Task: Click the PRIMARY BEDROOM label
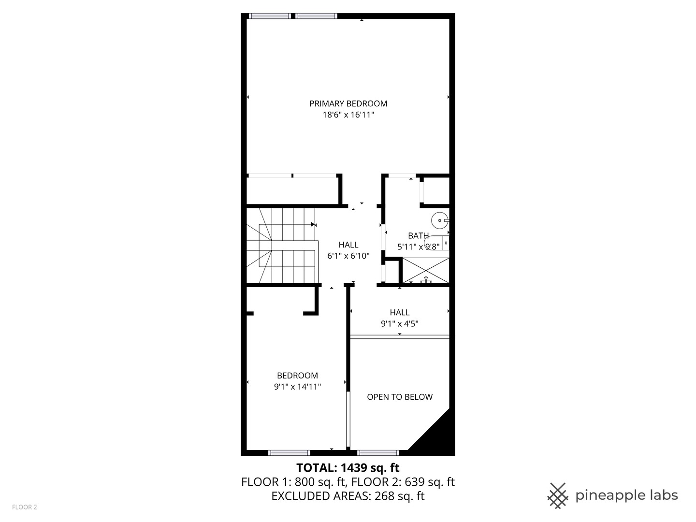pos(348,103)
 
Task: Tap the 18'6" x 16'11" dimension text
pos(348,115)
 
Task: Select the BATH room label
pos(418,236)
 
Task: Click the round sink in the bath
pos(440,221)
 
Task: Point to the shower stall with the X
pos(425,271)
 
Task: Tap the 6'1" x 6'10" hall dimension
pos(348,256)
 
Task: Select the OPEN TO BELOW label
pos(400,397)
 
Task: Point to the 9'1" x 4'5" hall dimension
pos(400,324)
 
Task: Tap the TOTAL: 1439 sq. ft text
pos(348,468)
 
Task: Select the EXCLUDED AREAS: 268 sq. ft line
pos(348,496)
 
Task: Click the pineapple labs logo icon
pos(557,495)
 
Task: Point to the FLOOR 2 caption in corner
pos(24,507)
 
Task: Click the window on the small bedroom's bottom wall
pos(289,453)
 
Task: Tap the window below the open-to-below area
pos(378,453)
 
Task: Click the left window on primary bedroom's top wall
pos(270,16)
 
